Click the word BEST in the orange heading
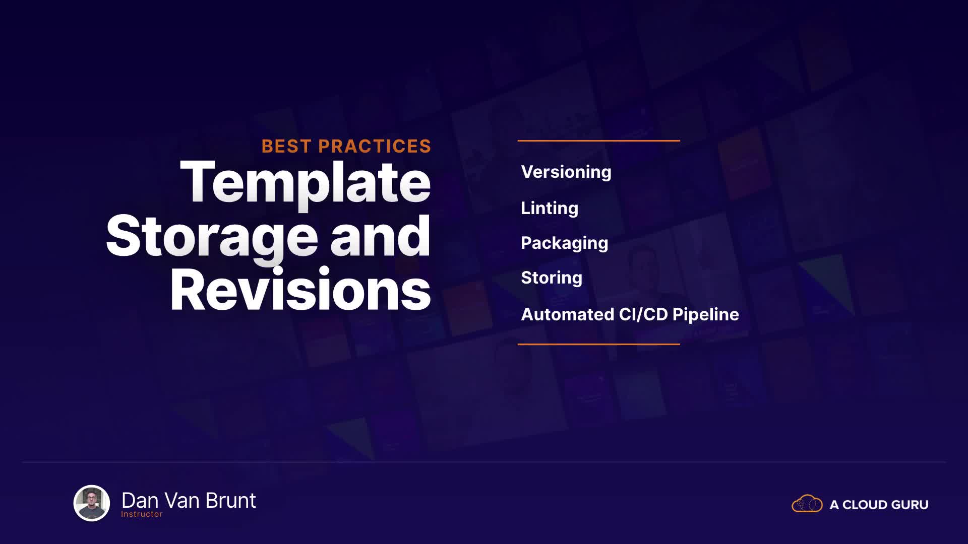[286, 146]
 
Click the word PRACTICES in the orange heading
[375, 146]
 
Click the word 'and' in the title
[381, 236]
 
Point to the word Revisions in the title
[300, 290]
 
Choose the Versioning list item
[566, 172]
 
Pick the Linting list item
[550, 208]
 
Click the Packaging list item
[565, 243]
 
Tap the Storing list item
[552, 278]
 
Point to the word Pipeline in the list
[706, 315]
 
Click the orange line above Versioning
[599, 141]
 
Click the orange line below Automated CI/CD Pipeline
[599, 344]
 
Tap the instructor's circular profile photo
[92, 503]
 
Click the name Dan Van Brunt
[189, 500]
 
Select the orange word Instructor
[142, 514]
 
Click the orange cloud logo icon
[807, 503]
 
